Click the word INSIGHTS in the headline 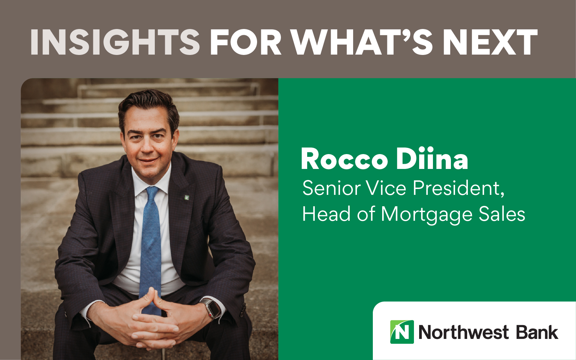point(115,42)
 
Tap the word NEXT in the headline point(490,42)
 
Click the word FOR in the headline point(246,42)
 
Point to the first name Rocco point(344,159)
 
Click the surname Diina point(432,158)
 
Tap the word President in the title point(459,189)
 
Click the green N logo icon point(402,332)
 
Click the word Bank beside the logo point(537,332)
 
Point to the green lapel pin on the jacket point(187,198)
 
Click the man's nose point(147,146)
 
